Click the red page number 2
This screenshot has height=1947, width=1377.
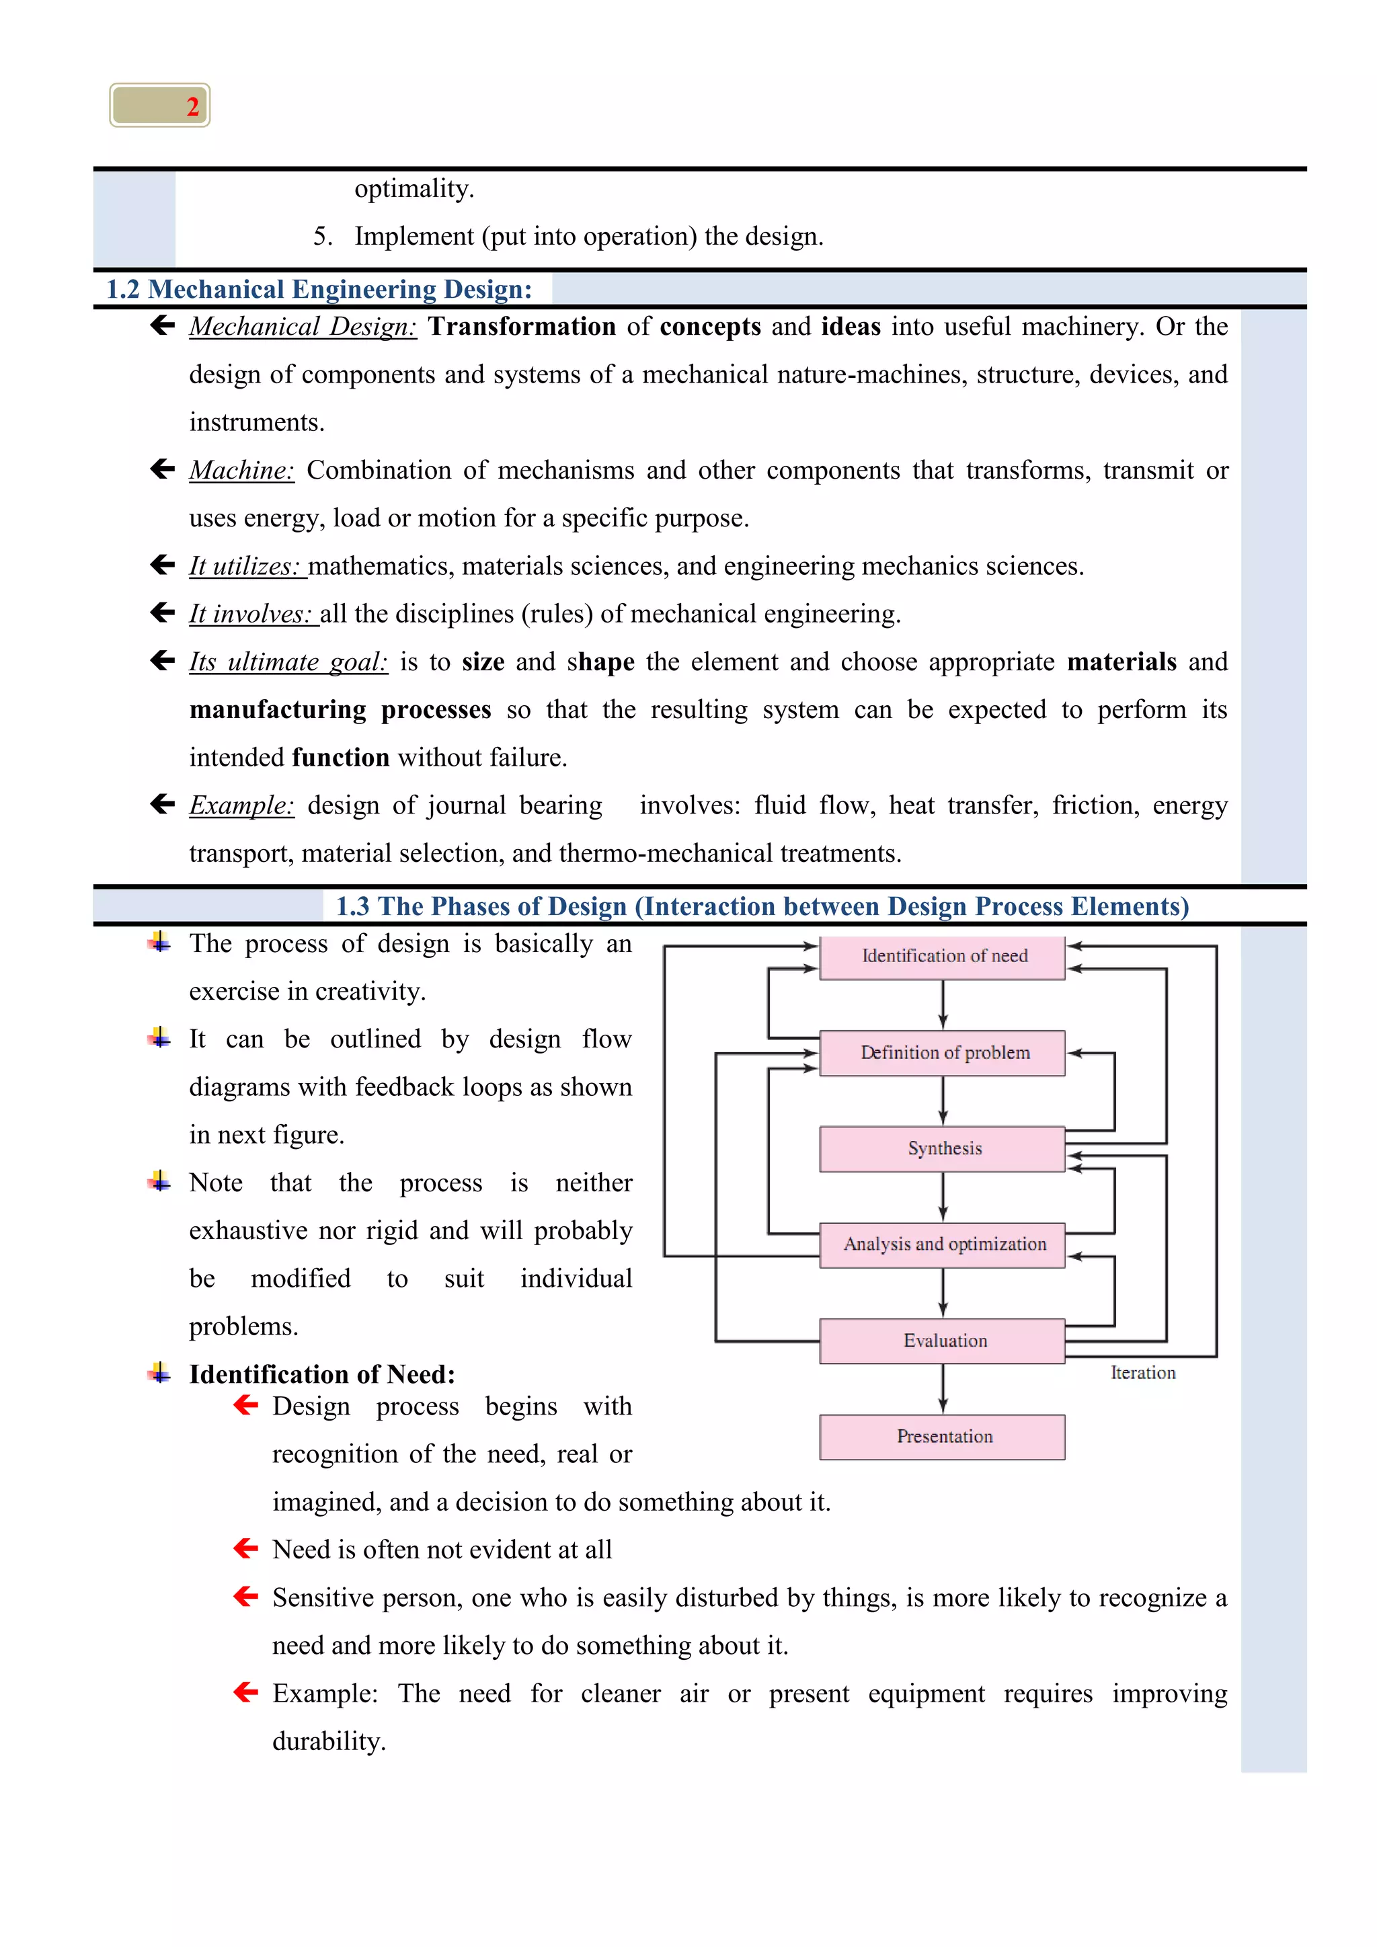tap(192, 107)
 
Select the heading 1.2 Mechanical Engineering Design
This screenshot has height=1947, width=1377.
tap(319, 289)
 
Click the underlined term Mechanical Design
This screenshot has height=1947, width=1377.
tap(303, 327)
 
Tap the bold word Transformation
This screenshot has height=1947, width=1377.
tap(522, 327)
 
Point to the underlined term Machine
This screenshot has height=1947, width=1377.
tap(241, 470)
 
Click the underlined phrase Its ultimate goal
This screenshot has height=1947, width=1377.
tap(288, 662)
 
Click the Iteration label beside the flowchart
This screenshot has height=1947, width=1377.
tap(1143, 1373)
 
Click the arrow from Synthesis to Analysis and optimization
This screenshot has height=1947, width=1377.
tap(943, 1197)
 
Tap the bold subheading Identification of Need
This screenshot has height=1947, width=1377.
tap(322, 1374)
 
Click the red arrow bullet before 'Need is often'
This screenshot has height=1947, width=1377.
tap(246, 1548)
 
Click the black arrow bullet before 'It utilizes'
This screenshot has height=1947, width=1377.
tap(162, 565)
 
